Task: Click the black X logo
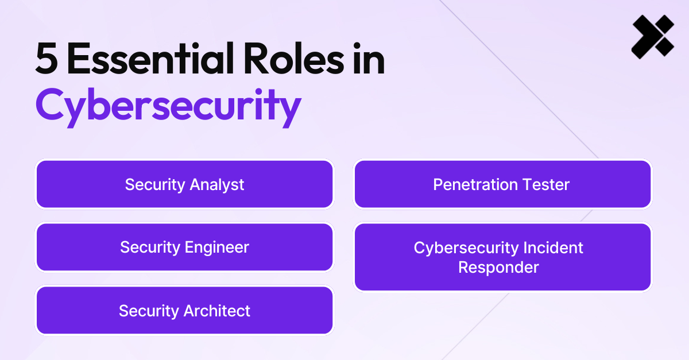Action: click(652, 36)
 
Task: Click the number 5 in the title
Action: click(47, 60)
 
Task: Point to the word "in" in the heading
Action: click(367, 60)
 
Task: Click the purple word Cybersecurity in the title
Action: click(168, 106)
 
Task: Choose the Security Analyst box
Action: click(184, 184)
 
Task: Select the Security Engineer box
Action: click(184, 247)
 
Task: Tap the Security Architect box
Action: click(184, 311)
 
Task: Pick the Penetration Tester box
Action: click(502, 184)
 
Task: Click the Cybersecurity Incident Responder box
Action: click(502, 257)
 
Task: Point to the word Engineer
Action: click(216, 248)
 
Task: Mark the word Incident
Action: click(552, 247)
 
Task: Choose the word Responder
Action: click(498, 268)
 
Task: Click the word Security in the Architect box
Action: click(149, 311)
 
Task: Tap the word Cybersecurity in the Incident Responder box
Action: click(466, 248)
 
